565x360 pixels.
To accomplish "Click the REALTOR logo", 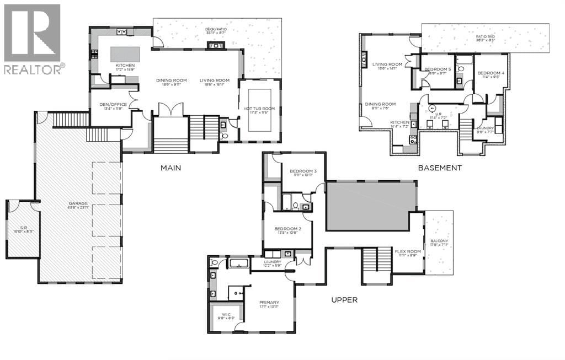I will pyautogui.click(x=33, y=39).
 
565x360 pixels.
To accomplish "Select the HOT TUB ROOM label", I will pyautogui.click(x=259, y=109).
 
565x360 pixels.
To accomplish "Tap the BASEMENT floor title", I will pyautogui.click(x=439, y=168).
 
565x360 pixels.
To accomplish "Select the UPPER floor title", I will pyautogui.click(x=344, y=300).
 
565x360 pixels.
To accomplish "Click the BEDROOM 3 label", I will pyautogui.click(x=303, y=171).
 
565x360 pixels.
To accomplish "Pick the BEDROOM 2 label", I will pyautogui.click(x=287, y=228).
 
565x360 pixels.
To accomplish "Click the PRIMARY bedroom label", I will pyautogui.click(x=269, y=302).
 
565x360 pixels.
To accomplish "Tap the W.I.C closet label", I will pyautogui.click(x=225, y=316).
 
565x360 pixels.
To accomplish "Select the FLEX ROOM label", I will pyautogui.click(x=408, y=251).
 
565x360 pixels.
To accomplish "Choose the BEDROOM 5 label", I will pyautogui.click(x=438, y=69).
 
